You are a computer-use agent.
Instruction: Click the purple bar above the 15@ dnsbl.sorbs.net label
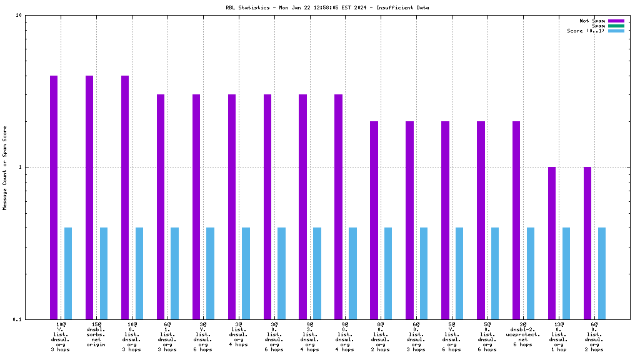tap(89, 197)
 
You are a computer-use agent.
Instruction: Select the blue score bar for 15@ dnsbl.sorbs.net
tap(104, 273)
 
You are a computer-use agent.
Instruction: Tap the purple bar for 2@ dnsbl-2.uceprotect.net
tap(516, 220)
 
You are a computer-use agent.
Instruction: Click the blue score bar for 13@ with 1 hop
tap(566, 273)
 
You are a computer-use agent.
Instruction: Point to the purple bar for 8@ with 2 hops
tap(374, 220)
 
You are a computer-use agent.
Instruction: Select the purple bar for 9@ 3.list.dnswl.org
tap(302, 206)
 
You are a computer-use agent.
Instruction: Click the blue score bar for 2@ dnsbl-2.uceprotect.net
tap(531, 273)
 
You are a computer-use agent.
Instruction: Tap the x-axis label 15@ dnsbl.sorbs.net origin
tap(96, 334)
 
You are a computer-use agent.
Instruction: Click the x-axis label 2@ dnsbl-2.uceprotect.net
tap(523, 334)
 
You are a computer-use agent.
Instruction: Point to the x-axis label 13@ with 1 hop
tap(559, 337)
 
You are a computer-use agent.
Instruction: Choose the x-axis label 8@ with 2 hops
tap(381, 337)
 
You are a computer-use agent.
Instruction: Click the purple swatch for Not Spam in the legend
tap(616, 21)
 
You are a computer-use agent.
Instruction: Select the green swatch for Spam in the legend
tap(616, 26)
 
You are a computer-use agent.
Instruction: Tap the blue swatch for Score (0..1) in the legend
tap(616, 31)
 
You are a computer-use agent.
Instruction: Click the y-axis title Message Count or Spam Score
tap(5, 167)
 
